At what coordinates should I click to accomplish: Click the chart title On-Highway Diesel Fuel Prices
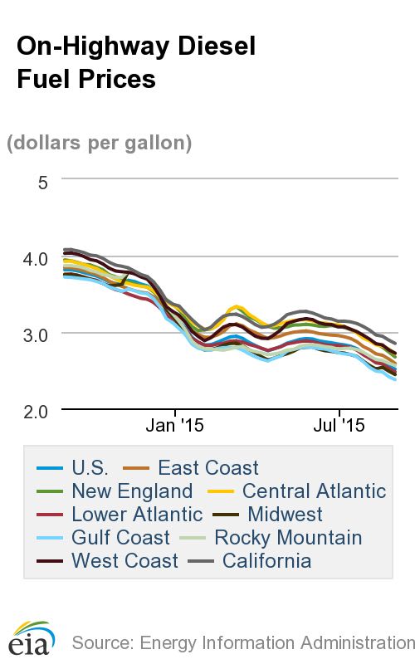tap(136, 62)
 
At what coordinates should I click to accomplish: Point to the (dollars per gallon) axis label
tap(100, 143)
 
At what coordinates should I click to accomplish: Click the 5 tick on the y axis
tap(43, 181)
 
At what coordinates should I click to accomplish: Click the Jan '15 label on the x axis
tap(174, 426)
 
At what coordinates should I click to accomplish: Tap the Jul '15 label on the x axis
tap(339, 426)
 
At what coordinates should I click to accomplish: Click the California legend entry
tap(261, 560)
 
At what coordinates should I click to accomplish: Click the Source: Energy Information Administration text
tap(242, 642)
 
